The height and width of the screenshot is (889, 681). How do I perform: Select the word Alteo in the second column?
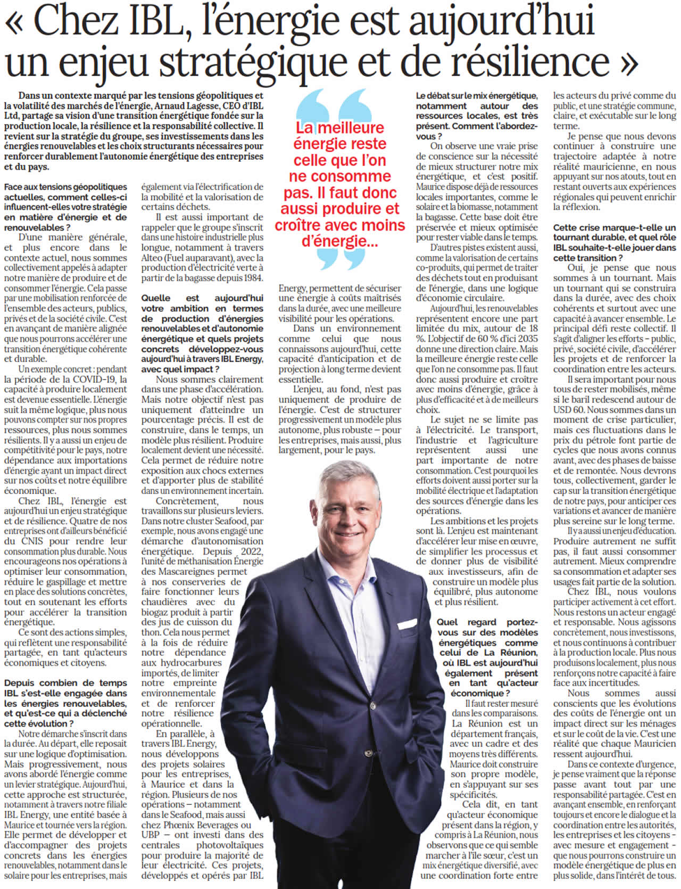[x=153, y=258]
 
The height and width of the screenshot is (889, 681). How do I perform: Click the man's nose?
[x=352, y=516]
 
